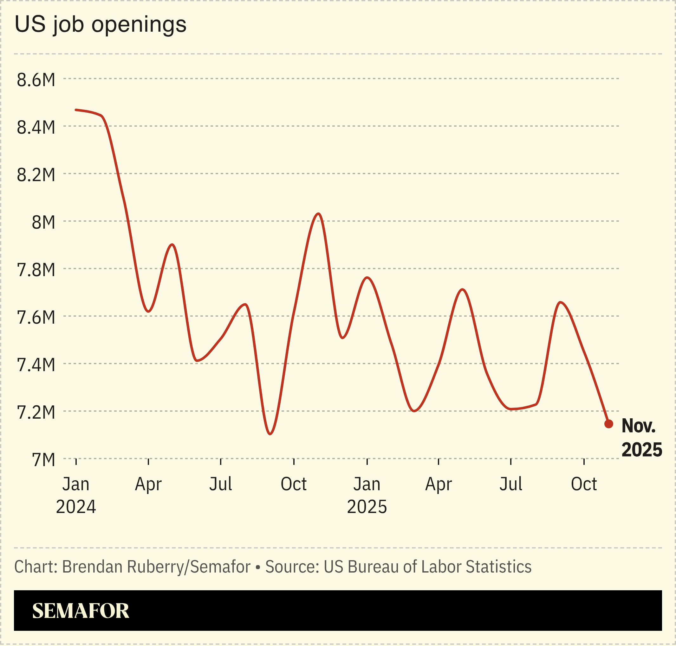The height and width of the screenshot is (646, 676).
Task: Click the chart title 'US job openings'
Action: (100, 25)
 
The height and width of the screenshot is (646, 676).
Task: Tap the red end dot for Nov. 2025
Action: (609, 424)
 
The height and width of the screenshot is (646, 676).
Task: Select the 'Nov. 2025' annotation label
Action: (641, 438)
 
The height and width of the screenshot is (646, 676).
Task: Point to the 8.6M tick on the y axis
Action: (36, 80)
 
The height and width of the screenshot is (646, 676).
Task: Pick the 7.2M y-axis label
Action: (36, 412)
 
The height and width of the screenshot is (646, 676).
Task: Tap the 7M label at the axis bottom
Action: (43, 460)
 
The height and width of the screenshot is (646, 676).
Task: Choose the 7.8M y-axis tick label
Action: (36, 270)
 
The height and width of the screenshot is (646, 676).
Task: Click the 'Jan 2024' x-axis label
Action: (76, 495)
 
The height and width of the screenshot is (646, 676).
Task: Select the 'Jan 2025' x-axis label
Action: (367, 495)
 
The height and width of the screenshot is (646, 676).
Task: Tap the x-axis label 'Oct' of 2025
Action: (584, 484)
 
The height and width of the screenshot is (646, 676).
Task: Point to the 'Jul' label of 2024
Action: (221, 484)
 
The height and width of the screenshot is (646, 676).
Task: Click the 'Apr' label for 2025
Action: (438, 484)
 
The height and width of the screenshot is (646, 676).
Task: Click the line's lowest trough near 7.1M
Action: (270, 434)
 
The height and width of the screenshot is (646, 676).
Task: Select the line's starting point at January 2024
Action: (76, 110)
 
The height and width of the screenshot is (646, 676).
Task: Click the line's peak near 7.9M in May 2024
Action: (172, 245)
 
